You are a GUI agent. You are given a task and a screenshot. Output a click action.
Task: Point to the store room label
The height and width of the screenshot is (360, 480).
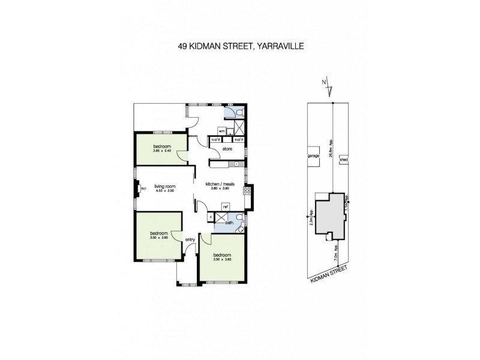click(227, 148)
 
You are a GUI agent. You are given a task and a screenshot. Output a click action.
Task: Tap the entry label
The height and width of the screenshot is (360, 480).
click(191, 240)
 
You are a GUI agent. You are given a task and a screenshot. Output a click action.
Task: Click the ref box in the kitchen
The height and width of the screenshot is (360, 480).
click(226, 207)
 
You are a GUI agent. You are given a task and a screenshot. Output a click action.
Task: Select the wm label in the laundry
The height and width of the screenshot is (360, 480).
click(221, 130)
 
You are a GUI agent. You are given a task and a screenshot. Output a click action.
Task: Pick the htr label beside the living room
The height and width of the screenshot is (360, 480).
click(143, 190)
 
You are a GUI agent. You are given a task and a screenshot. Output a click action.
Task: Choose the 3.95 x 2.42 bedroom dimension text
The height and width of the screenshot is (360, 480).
click(162, 151)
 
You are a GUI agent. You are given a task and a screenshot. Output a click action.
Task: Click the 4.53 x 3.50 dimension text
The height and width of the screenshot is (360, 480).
click(164, 190)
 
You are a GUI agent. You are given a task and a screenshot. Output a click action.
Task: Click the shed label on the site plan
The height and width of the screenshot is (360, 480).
click(344, 160)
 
